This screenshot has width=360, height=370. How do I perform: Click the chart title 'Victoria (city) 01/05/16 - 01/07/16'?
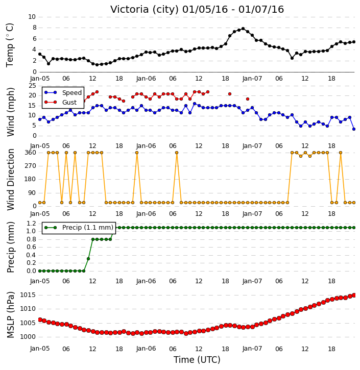(197, 10)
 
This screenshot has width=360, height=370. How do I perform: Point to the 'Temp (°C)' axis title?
(10, 45)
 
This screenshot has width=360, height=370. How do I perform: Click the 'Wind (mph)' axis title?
(11, 112)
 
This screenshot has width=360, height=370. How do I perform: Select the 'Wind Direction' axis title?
(11, 179)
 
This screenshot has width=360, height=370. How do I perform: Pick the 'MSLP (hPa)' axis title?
(11, 315)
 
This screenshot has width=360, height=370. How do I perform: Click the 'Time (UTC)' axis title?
(197, 360)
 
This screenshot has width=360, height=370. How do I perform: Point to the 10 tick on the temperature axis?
(32, 17)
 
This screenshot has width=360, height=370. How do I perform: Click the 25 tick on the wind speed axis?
(32, 86)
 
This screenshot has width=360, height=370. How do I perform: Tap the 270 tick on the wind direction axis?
(31, 166)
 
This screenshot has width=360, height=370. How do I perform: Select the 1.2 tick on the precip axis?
(31, 223)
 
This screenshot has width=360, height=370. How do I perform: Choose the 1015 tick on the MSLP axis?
(28, 295)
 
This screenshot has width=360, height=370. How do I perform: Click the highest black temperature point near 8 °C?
(243, 29)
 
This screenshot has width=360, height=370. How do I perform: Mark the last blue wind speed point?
(354, 129)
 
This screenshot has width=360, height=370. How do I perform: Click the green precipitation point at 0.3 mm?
(88, 259)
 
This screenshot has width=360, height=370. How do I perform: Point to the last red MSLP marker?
(354, 295)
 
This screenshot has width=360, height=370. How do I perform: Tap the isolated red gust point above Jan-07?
(248, 99)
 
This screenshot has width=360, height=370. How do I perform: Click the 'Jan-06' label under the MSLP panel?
(146, 349)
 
